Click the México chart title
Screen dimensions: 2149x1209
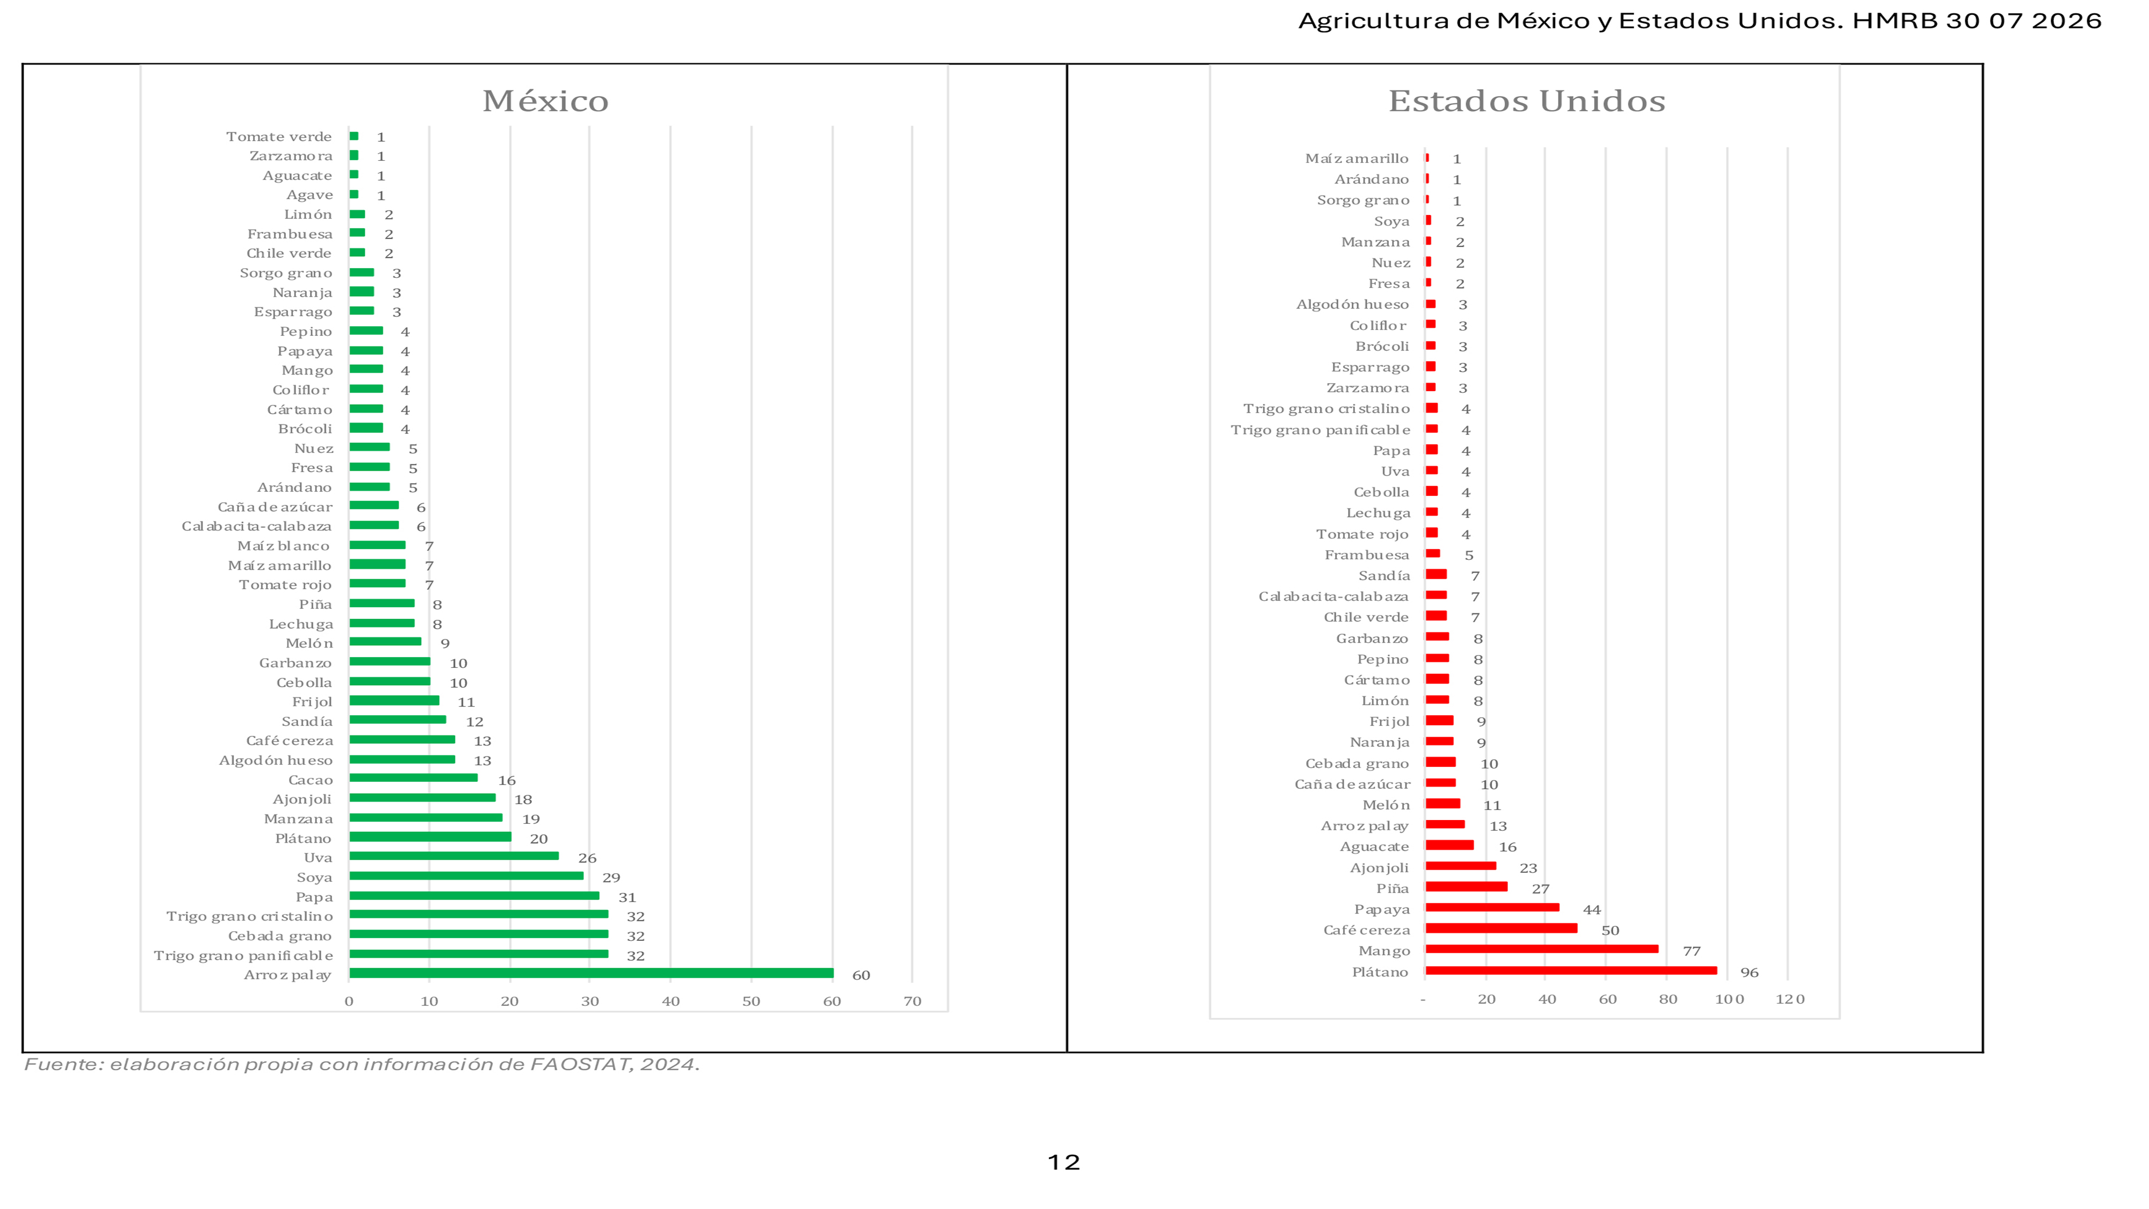[x=546, y=101]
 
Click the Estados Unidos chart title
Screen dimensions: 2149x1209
[x=1527, y=101]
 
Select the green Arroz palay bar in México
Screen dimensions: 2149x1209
[x=592, y=973]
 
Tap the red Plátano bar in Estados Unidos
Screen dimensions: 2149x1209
[x=1571, y=970]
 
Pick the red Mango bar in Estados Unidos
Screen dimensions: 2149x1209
[x=1542, y=949]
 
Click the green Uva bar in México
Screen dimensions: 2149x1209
[x=454, y=856]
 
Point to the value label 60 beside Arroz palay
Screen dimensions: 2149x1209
[x=861, y=975]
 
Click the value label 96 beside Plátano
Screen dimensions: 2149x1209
[x=1749, y=973]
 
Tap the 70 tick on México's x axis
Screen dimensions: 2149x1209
[x=913, y=1001]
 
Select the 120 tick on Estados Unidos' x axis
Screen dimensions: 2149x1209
[x=1790, y=999]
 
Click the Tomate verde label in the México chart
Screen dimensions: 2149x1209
[x=279, y=137]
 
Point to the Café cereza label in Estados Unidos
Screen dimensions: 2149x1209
[x=1366, y=930]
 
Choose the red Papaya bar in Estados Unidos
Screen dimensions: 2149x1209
[x=1492, y=908]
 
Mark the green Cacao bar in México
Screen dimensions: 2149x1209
[x=414, y=778]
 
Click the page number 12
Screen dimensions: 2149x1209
[x=1064, y=1162]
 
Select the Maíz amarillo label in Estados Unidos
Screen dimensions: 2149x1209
[x=1357, y=159]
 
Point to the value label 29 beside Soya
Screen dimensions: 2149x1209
[x=611, y=878]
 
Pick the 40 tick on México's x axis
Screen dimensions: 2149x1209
[x=670, y=1001]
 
